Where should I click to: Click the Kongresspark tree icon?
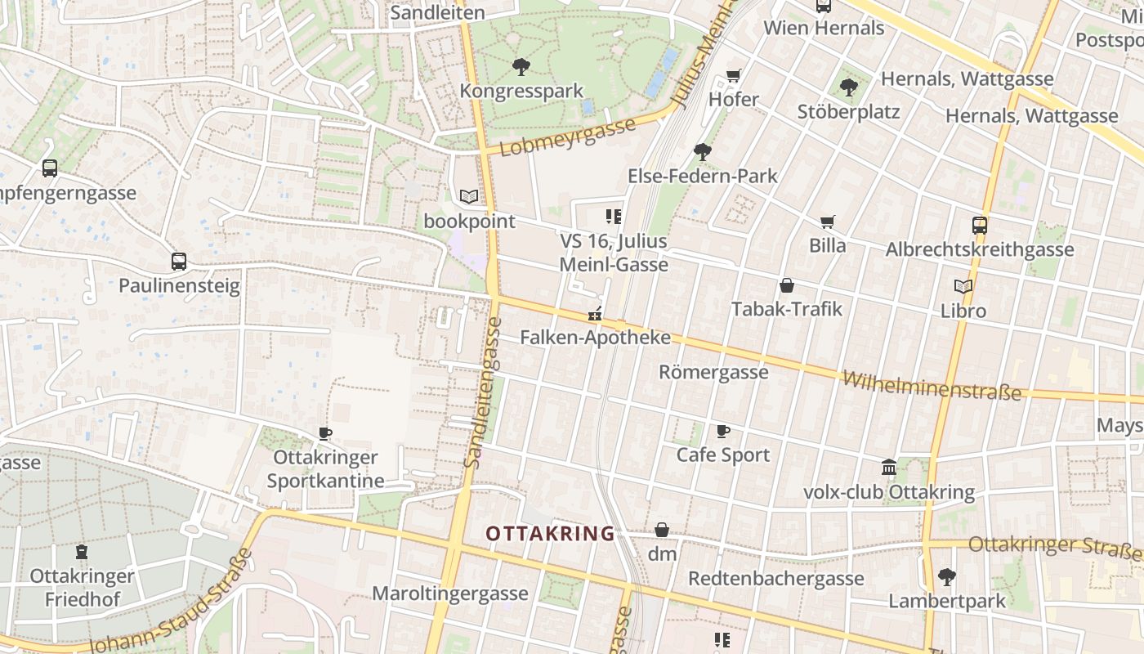click(521, 67)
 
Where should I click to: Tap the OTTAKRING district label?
click(550, 534)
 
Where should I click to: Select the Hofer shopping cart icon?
click(733, 76)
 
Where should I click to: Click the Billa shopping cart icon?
click(828, 222)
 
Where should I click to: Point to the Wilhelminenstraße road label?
click(932, 386)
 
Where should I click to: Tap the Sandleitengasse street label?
click(483, 392)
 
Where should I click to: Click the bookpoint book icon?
click(469, 197)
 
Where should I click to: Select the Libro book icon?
click(963, 287)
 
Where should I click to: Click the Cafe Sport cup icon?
click(723, 431)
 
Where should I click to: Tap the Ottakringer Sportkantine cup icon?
click(325, 433)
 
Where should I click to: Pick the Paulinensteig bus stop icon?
click(179, 262)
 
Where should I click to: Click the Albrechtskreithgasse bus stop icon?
click(979, 226)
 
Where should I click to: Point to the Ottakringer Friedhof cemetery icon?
click(81, 552)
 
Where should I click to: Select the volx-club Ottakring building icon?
click(889, 468)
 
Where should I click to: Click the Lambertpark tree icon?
click(947, 577)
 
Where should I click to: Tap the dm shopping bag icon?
click(662, 531)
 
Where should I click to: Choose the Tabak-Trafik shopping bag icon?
click(786, 285)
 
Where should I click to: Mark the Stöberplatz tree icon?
click(849, 87)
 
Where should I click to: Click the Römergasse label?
click(713, 372)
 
